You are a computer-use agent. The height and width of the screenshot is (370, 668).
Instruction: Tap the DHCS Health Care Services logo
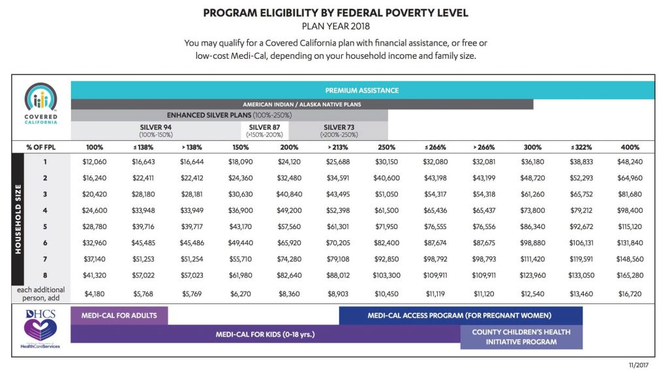tap(41, 329)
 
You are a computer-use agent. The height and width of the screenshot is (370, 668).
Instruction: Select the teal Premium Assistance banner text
tap(362, 90)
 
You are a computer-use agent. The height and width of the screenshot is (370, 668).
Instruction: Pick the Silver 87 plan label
tap(265, 130)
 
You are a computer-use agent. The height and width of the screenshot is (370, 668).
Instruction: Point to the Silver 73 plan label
tap(339, 130)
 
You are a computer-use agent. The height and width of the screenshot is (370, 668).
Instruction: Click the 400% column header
tap(630, 147)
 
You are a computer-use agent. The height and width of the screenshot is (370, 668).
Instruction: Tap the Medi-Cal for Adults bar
tap(119, 315)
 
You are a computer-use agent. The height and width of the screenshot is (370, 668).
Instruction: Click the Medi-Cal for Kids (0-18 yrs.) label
tap(265, 334)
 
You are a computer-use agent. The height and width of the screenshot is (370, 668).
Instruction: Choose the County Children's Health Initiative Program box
tap(521, 337)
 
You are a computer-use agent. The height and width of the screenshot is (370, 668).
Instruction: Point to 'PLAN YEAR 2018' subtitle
tap(335, 27)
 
